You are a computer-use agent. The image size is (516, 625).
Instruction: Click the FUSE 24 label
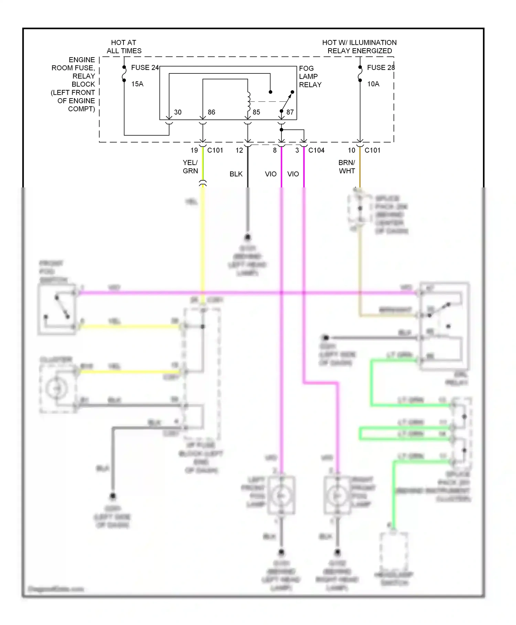145,68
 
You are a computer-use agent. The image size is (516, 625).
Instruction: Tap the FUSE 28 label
380,68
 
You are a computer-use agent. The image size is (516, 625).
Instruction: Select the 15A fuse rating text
137,84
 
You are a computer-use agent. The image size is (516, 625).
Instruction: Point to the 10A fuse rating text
373,84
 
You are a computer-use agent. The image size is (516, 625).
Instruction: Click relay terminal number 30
178,112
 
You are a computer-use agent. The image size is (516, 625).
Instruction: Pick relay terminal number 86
211,112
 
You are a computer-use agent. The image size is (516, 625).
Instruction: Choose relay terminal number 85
256,112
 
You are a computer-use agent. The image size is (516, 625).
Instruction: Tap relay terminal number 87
290,112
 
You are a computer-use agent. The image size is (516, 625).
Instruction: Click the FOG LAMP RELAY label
310,76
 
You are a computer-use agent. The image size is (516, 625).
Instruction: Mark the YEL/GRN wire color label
190,167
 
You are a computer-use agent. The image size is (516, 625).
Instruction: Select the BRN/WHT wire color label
347,167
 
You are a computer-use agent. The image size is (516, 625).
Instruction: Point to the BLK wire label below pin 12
236,174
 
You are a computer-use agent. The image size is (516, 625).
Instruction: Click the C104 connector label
316,151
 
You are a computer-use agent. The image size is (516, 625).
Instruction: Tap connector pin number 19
194,151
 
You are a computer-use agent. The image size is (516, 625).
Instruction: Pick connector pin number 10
351,151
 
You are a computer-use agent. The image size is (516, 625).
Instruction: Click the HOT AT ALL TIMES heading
124,47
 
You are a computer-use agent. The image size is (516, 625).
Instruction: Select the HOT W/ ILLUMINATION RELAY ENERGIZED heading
359,47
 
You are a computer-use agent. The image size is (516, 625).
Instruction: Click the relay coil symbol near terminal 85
248,100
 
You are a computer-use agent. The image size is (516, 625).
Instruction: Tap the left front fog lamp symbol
282,495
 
